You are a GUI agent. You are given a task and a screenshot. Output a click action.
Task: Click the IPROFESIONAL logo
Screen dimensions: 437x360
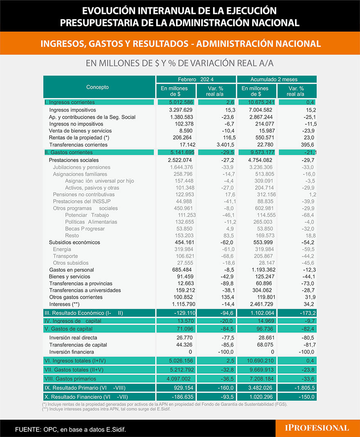point(317,428)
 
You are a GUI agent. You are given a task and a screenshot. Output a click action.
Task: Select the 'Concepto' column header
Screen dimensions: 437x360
point(97,87)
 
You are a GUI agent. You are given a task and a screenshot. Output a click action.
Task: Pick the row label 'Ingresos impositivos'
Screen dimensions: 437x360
point(72,110)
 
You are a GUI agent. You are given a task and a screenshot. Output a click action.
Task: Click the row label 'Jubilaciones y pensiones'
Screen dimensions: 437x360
point(81,167)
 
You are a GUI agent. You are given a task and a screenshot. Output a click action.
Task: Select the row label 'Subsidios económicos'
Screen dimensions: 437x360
point(74,243)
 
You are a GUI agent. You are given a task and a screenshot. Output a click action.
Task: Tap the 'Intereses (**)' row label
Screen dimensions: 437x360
point(64,304)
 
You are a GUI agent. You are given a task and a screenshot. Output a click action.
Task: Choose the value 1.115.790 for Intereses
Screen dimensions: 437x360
point(175,304)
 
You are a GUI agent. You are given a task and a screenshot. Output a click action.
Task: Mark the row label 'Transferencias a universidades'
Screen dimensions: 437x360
point(85,291)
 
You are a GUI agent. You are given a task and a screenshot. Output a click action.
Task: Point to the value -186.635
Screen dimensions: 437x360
point(175,397)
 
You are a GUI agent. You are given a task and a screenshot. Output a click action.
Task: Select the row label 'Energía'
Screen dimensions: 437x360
point(62,250)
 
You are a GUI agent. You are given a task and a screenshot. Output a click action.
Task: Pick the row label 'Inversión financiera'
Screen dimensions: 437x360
point(72,352)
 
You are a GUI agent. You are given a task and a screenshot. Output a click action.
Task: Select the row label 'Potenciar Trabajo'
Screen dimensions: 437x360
point(87,215)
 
